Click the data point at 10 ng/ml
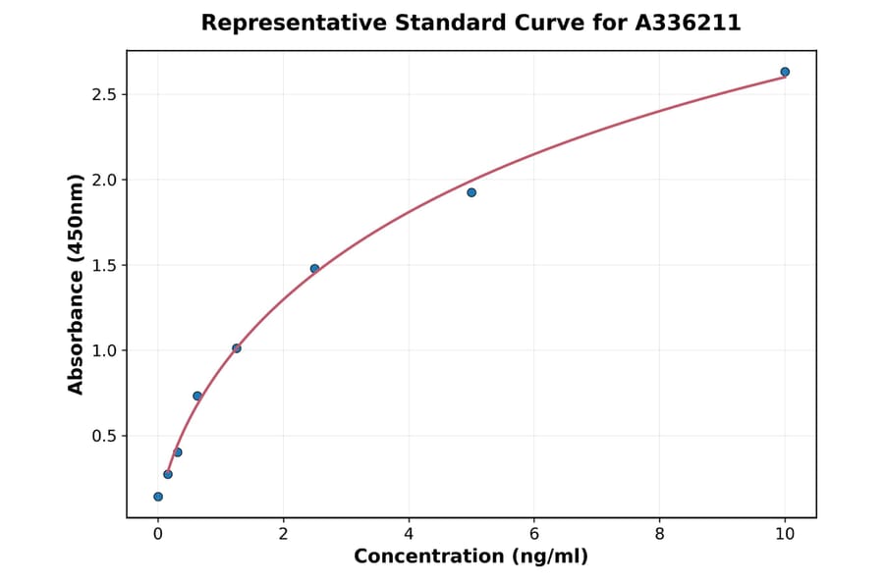[785, 72]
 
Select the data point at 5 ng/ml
[471, 192]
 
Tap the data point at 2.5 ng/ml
[314, 269]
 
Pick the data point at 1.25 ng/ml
[237, 348]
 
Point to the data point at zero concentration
[158, 497]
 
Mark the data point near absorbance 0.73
[197, 397]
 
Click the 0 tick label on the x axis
[158, 534]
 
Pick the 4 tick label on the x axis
[409, 534]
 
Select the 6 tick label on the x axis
[534, 534]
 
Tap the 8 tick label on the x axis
[659, 534]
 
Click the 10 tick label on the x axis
[785, 534]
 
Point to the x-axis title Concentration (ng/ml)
[470, 557]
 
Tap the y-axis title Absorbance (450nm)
[77, 285]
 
